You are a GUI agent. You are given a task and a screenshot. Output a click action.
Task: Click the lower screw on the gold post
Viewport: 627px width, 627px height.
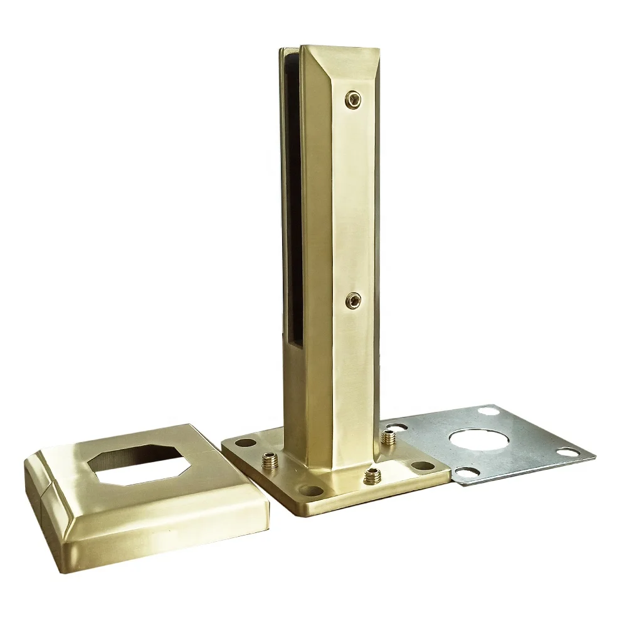pos(354,300)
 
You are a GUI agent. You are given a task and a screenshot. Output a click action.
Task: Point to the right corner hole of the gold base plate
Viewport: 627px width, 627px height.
pos(423,466)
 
